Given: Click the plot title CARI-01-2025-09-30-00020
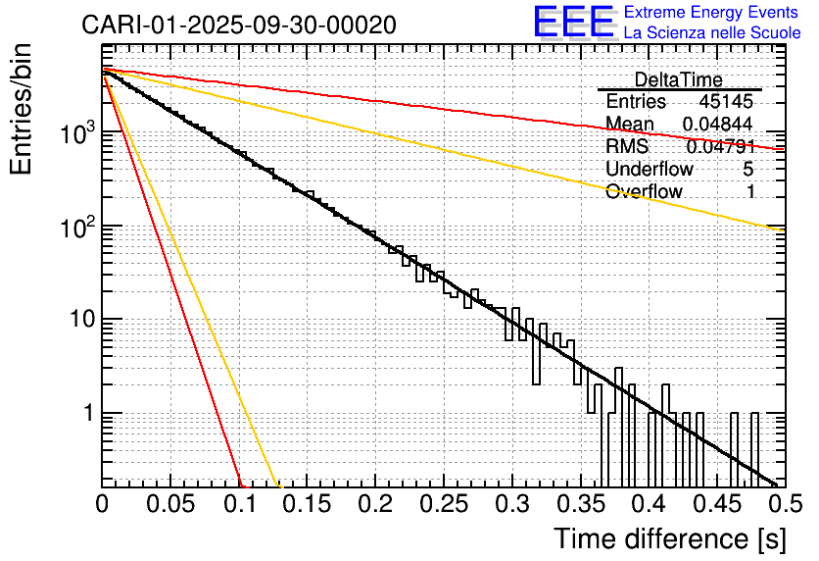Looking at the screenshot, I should pos(239,25).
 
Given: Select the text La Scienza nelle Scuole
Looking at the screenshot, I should pos(711,32).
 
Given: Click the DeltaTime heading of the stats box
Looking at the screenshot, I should pos(679,79).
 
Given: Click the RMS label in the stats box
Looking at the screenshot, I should pos(627,146).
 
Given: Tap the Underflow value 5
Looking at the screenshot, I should pos(749,169).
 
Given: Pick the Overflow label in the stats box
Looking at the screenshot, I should pos(644,191).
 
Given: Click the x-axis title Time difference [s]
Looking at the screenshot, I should pos(668,538).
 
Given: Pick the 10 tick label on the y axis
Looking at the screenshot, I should pos(76,320).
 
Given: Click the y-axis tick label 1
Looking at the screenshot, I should pos(86,413).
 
